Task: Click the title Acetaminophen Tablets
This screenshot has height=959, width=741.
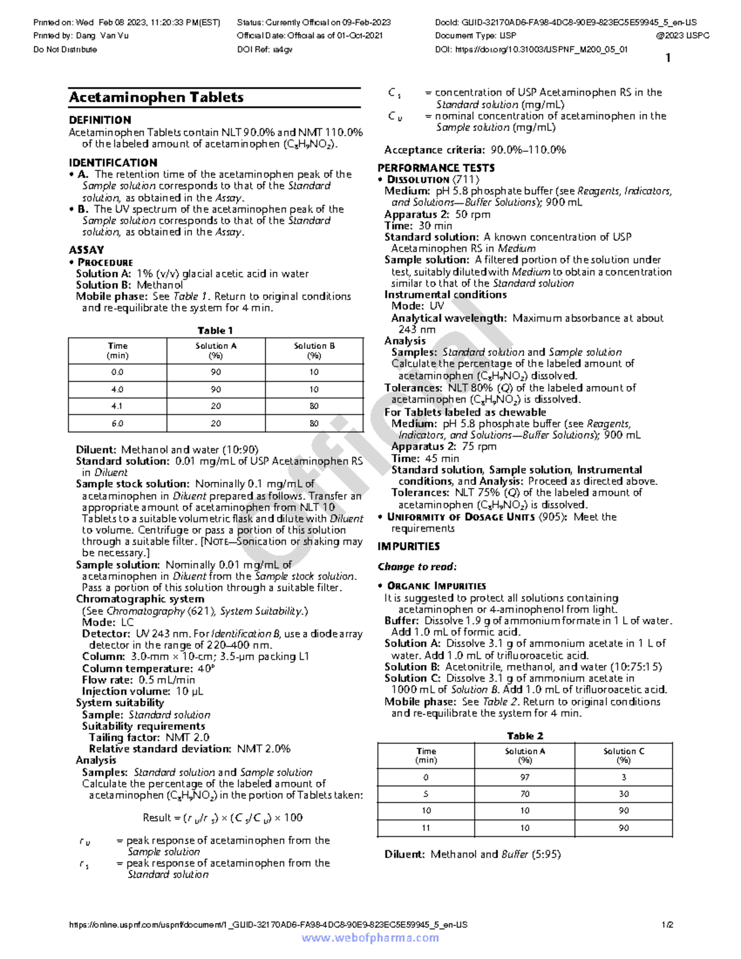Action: pyautogui.click(x=156, y=98)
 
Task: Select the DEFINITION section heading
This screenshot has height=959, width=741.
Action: pyautogui.click(x=100, y=120)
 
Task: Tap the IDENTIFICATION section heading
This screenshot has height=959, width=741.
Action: pyautogui.click(x=113, y=163)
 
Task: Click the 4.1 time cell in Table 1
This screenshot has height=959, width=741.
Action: pyautogui.click(x=117, y=406)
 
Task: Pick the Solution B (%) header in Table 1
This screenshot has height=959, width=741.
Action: pyautogui.click(x=314, y=351)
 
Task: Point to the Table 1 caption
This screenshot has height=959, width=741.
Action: pyautogui.click(x=215, y=330)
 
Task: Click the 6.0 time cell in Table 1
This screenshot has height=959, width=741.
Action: pyautogui.click(x=117, y=424)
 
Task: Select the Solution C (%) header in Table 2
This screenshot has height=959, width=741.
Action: pyautogui.click(x=624, y=756)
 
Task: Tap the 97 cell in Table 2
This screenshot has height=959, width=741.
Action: pyautogui.click(x=525, y=777)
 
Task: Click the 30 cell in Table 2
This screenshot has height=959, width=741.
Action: pyautogui.click(x=624, y=794)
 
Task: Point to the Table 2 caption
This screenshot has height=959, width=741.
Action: pyautogui.click(x=525, y=736)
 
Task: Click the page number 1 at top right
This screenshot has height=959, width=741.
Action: pyautogui.click(x=668, y=58)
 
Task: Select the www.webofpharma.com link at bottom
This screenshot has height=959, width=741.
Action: pyautogui.click(x=371, y=938)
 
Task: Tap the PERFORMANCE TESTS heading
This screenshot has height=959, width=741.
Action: pyautogui.click(x=436, y=168)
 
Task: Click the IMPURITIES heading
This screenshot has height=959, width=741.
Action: pyautogui.click(x=409, y=547)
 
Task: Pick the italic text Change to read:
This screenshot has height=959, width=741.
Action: pyautogui.click(x=417, y=567)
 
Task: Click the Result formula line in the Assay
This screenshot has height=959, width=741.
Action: pyautogui.click(x=222, y=818)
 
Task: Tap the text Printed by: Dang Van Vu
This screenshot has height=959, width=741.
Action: pyautogui.click(x=81, y=36)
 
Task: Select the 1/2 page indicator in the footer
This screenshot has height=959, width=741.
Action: pyautogui.click(x=667, y=925)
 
